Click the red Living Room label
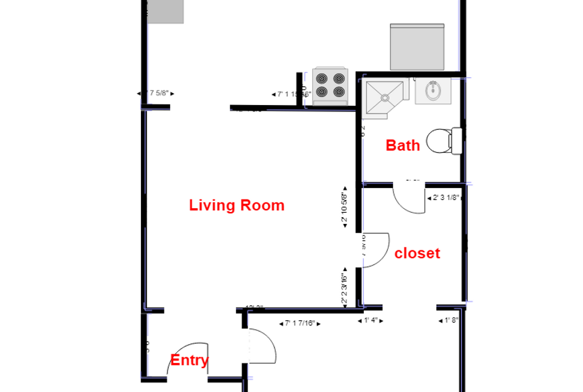[237, 205]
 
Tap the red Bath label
[402, 145]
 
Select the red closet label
[417, 254]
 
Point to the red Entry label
[190, 361]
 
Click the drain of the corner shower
[385, 98]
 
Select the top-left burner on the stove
[322, 79]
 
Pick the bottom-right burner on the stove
[339, 92]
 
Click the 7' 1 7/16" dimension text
[300, 323]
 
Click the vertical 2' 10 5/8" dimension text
[344, 207]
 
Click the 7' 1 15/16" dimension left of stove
[291, 94]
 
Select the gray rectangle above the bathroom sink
[417, 47]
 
